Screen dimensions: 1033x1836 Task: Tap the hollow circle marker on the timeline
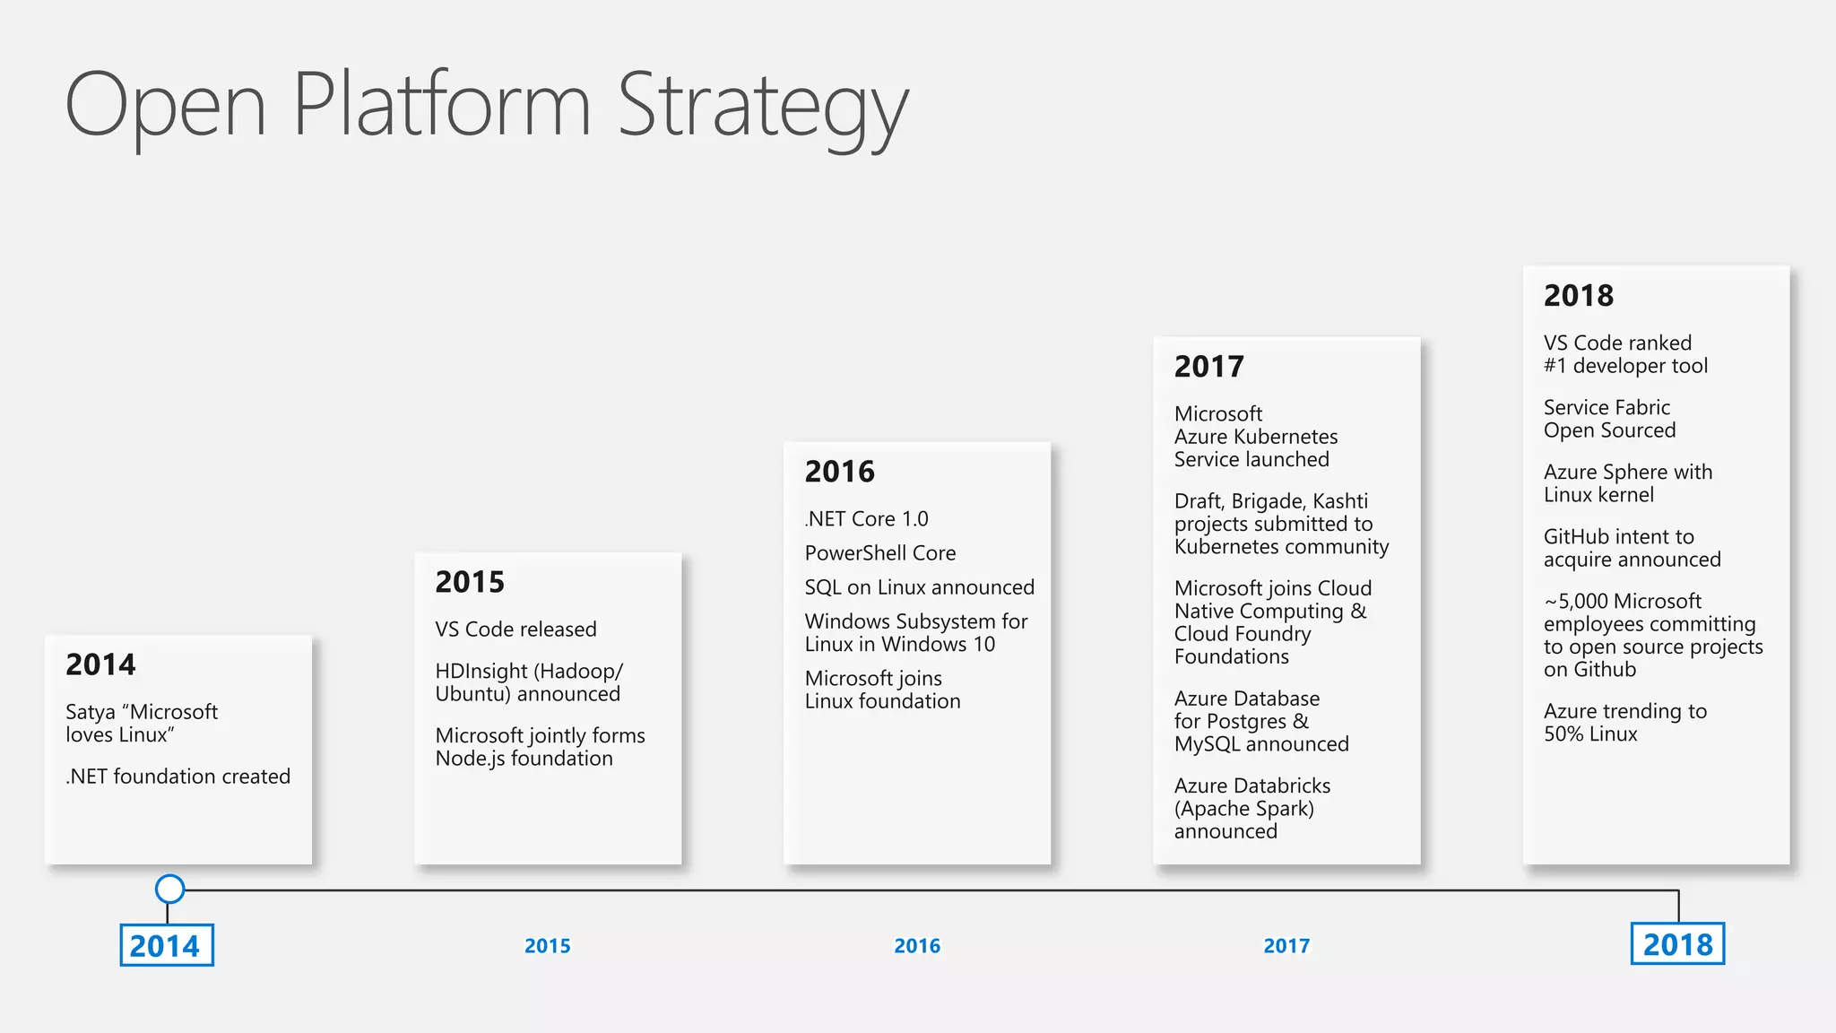tap(169, 889)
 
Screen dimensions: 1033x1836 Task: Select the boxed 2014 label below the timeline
tap(167, 945)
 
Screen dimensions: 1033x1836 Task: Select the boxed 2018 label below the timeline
tap(1677, 943)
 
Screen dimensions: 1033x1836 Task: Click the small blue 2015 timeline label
tap(547, 946)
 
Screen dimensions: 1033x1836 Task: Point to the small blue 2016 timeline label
tap(917, 946)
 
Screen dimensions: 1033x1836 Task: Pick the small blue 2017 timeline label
tap(1286, 946)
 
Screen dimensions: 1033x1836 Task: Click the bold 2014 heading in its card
tap(100, 664)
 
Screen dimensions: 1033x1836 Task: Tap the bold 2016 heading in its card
tap(839, 472)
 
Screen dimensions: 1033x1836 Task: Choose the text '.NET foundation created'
tap(178, 777)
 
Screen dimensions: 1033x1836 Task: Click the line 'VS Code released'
tap(515, 629)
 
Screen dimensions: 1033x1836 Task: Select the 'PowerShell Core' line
tap(880, 553)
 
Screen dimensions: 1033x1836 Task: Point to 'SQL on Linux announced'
tap(919, 587)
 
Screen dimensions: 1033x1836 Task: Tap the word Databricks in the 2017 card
tap(1282, 786)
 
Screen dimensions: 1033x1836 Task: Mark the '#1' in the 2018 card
tap(1555, 366)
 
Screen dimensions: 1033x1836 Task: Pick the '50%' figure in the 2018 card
tap(1563, 734)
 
